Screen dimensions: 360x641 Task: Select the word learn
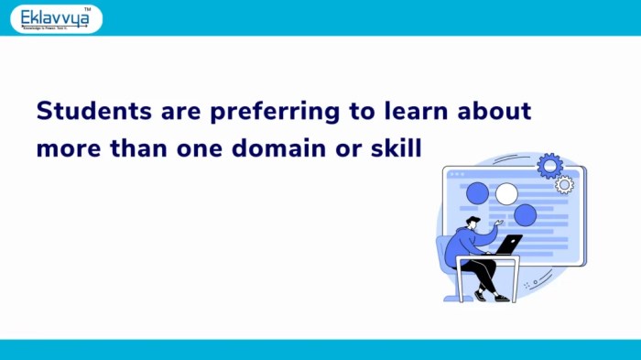click(x=402, y=112)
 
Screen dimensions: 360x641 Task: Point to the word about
click(x=494, y=112)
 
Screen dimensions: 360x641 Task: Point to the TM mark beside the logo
click(x=87, y=9)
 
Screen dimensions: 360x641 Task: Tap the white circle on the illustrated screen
click(x=506, y=193)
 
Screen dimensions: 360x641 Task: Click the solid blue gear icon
click(x=550, y=166)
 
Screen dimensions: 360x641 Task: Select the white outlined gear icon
click(x=565, y=185)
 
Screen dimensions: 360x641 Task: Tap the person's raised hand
click(x=500, y=222)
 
